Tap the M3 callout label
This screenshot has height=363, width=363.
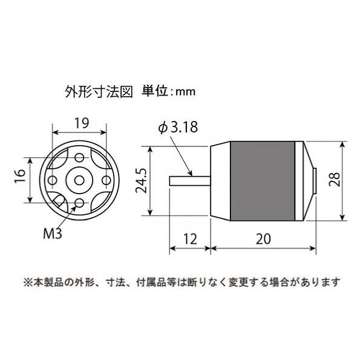pyautogui.click(x=53, y=232)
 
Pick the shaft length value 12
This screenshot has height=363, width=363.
pyautogui.click(x=190, y=239)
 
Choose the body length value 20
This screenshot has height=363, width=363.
pyautogui.click(x=263, y=239)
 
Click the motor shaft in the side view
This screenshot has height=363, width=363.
pyautogui.click(x=190, y=180)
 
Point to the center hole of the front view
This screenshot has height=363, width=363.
pyautogui.click(x=79, y=180)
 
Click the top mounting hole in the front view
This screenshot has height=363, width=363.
pyautogui.click(x=79, y=157)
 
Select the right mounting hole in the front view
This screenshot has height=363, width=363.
pyautogui.click(x=104, y=180)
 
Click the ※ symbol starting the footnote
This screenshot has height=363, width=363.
pyautogui.click(x=28, y=282)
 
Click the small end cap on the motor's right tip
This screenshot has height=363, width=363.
pyautogui.click(x=318, y=180)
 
